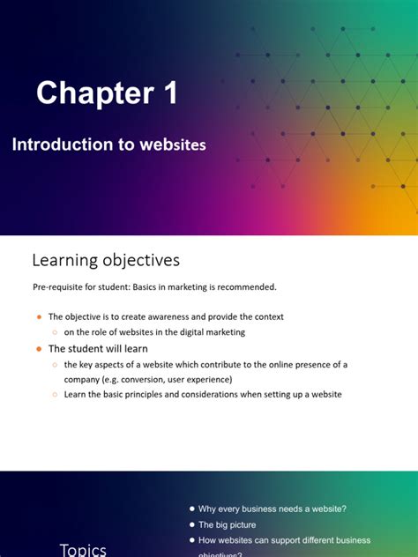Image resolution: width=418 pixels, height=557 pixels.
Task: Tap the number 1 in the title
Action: point(168,93)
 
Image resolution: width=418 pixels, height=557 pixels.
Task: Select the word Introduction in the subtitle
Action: point(62,145)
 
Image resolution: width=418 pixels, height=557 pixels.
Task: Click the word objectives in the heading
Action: point(141,261)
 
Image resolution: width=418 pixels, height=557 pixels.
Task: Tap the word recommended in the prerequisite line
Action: point(244,286)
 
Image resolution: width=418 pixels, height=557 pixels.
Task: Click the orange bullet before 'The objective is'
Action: point(39,316)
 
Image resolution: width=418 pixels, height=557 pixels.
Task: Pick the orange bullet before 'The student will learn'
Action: point(39,349)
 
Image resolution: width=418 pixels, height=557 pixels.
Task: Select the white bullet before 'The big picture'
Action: point(191,524)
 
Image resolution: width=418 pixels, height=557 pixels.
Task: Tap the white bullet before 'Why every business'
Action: point(191,509)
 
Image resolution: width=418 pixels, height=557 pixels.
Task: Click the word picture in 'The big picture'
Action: point(241,524)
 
